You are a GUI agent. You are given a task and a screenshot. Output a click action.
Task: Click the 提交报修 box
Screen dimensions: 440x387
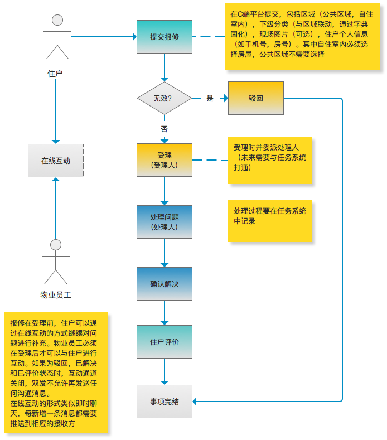[164, 37]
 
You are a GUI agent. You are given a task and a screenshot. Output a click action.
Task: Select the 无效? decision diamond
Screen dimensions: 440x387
[164, 98]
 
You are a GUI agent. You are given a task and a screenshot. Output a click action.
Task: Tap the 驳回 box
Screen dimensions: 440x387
[256, 98]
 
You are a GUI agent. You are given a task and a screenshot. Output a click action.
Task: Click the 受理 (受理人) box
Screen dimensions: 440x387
[164, 160]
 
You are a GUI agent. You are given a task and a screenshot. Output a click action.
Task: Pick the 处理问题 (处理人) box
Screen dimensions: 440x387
[164, 222]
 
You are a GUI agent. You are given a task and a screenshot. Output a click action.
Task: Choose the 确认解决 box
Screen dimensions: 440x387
[164, 284]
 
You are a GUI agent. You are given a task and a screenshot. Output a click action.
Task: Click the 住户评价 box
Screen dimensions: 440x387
[164, 341]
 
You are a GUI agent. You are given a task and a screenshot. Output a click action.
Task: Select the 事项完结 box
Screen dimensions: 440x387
[164, 401]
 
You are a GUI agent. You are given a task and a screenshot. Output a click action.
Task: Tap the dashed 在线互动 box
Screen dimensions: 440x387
[55, 161]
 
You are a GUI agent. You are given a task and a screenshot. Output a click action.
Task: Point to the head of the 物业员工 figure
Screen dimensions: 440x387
[55, 245]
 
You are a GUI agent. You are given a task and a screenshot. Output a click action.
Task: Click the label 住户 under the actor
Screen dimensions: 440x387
[55, 73]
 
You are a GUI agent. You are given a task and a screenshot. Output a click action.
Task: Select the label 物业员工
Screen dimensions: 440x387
[55, 295]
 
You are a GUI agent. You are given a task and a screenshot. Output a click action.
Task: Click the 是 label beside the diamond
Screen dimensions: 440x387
[210, 99]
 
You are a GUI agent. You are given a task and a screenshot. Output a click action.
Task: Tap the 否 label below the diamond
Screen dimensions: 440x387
[164, 129]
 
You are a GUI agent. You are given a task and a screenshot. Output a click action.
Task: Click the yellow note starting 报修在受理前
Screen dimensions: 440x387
[55, 373]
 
